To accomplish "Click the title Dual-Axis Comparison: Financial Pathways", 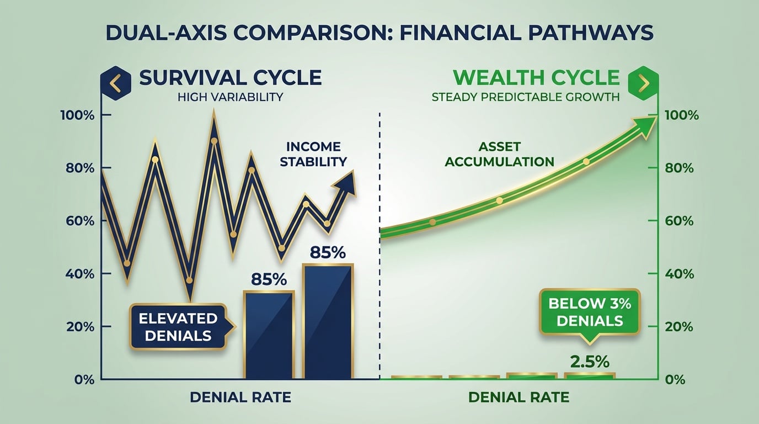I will pyautogui.click(x=379, y=33).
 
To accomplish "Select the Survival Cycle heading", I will pyautogui.click(x=230, y=77).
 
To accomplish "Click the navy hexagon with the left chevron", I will pyautogui.click(x=115, y=82).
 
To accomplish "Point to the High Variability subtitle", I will pyautogui.click(x=230, y=98).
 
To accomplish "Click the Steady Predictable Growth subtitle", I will pyautogui.click(x=525, y=98).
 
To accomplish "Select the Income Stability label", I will pyautogui.click(x=313, y=154).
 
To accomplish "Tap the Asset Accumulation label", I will pyautogui.click(x=499, y=154).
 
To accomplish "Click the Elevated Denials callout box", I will pyautogui.click(x=178, y=326).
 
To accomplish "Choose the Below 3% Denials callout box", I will pyautogui.click(x=590, y=312).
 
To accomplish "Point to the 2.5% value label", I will pyautogui.click(x=590, y=362).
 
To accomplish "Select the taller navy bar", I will pyautogui.click(x=328, y=321).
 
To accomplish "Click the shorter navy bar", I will pyautogui.click(x=269, y=335).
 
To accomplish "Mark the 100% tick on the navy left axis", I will pyautogui.click(x=82, y=115).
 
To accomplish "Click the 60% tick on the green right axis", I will pyautogui.click(x=679, y=221).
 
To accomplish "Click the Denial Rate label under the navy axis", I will pyautogui.click(x=240, y=397).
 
